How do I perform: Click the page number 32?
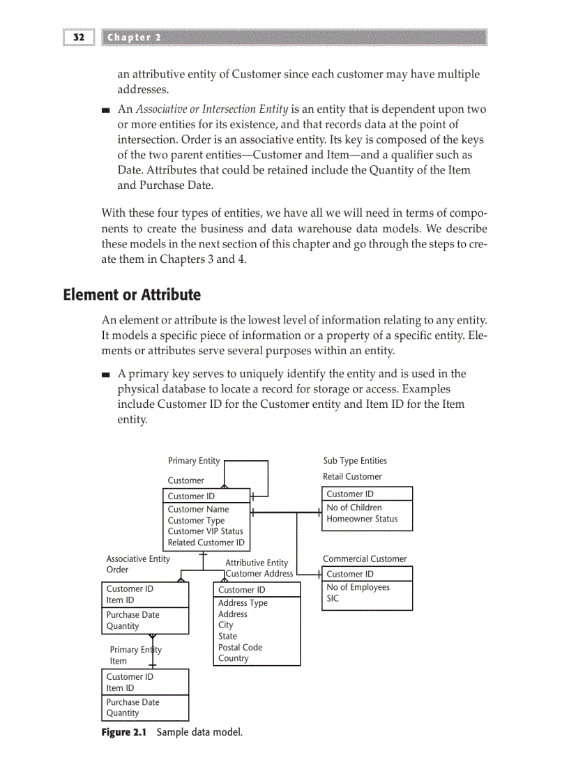(x=78, y=38)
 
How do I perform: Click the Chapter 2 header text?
(x=134, y=38)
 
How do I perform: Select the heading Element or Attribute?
(x=132, y=295)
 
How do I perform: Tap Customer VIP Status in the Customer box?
(x=205, y=531)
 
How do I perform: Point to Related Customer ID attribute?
(x=206, y=542)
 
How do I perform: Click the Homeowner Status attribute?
(x=362, y=519)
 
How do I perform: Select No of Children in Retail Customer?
(x=354, y=508)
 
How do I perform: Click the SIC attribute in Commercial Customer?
(x=333, y=598)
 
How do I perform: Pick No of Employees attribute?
(x=358, y=587)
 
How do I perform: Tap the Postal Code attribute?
(x=240, y=647)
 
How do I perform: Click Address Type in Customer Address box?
(x=243, y=603)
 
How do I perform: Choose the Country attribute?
(x=233, y=658)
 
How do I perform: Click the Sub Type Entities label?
(x=355, y=461)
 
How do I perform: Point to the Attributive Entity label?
(x=257, y=563)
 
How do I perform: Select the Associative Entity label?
(x=137, y=558)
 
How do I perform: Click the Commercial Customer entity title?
(x=365, y=558)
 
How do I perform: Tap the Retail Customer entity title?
(x=352, y=477)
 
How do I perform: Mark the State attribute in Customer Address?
(x=227, y=636)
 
